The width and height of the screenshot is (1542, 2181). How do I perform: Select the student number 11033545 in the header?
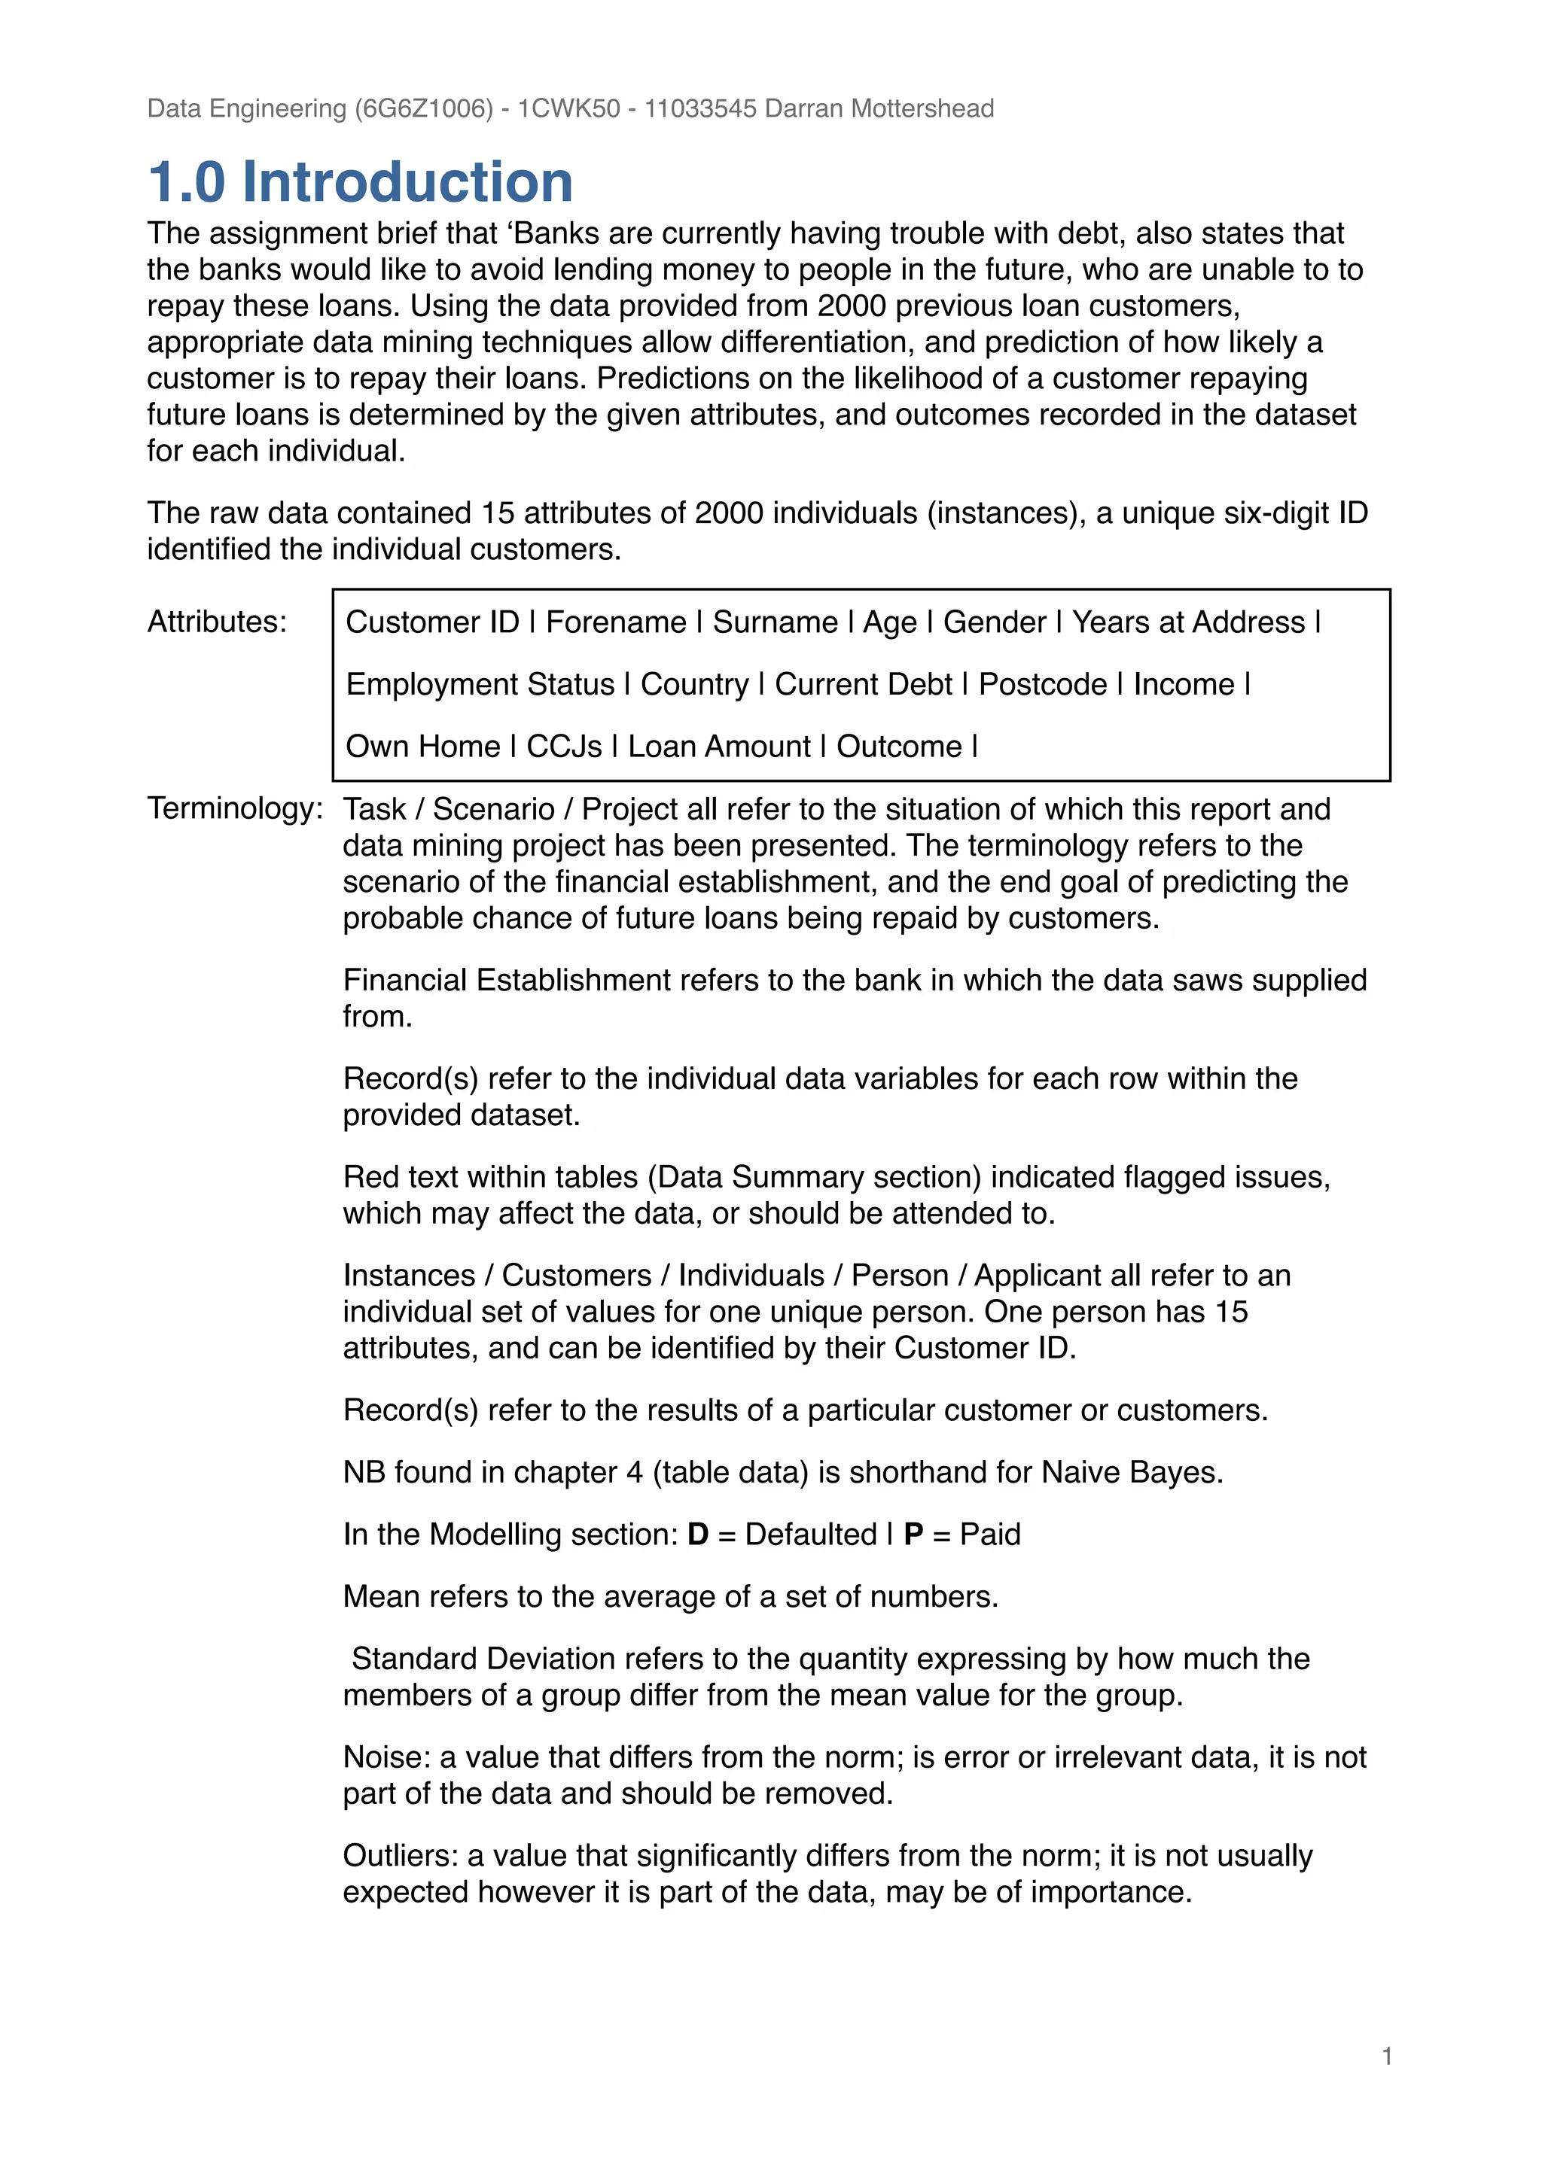pyautogui.click(x=699, y=108)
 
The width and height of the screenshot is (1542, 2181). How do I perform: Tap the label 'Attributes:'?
pyautogui.click(x=217, y=621)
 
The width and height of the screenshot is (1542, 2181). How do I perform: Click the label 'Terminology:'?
pyautogui.click(x=235, y=808)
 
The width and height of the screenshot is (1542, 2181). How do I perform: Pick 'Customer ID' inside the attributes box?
pyautogui.click(x=431, y=622)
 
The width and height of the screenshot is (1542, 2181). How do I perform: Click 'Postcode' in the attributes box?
pyautogui.click(x=1042, y=684)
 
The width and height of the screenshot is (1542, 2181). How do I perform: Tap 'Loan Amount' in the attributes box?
pyautogui.click(x=718, y=747)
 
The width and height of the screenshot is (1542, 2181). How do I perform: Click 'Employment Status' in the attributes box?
pyautogui.click(x=480, y=684)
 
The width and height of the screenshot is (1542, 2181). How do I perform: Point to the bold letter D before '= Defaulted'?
pyautogui.click(x=697, y=1534)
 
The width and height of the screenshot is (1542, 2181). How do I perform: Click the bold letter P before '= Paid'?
pyautogui.click(x=913, y=1534)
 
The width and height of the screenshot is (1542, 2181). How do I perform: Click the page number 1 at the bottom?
pyautogui.click(x=1386, y=2057)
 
